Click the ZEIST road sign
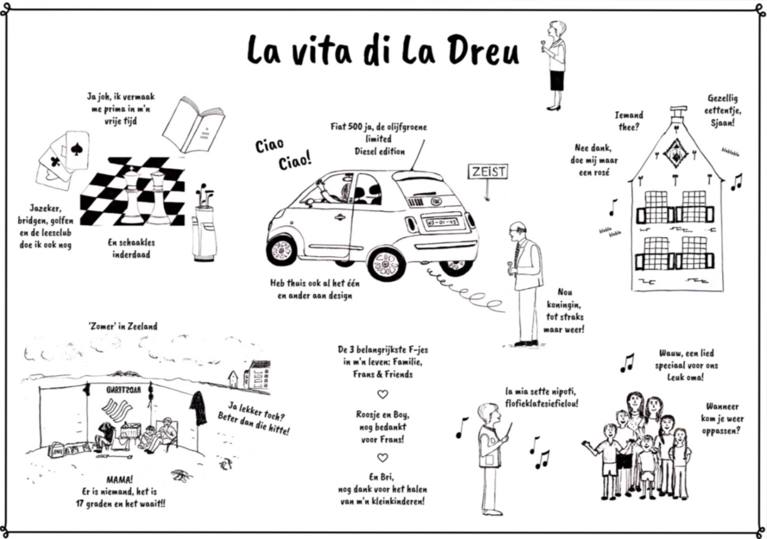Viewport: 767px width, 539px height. (488, 172)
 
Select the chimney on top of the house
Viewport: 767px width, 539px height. (678, 112)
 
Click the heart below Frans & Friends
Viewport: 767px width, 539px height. (383, 394)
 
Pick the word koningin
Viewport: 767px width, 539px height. (564, 305)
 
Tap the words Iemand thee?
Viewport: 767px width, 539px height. (629, 121)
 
